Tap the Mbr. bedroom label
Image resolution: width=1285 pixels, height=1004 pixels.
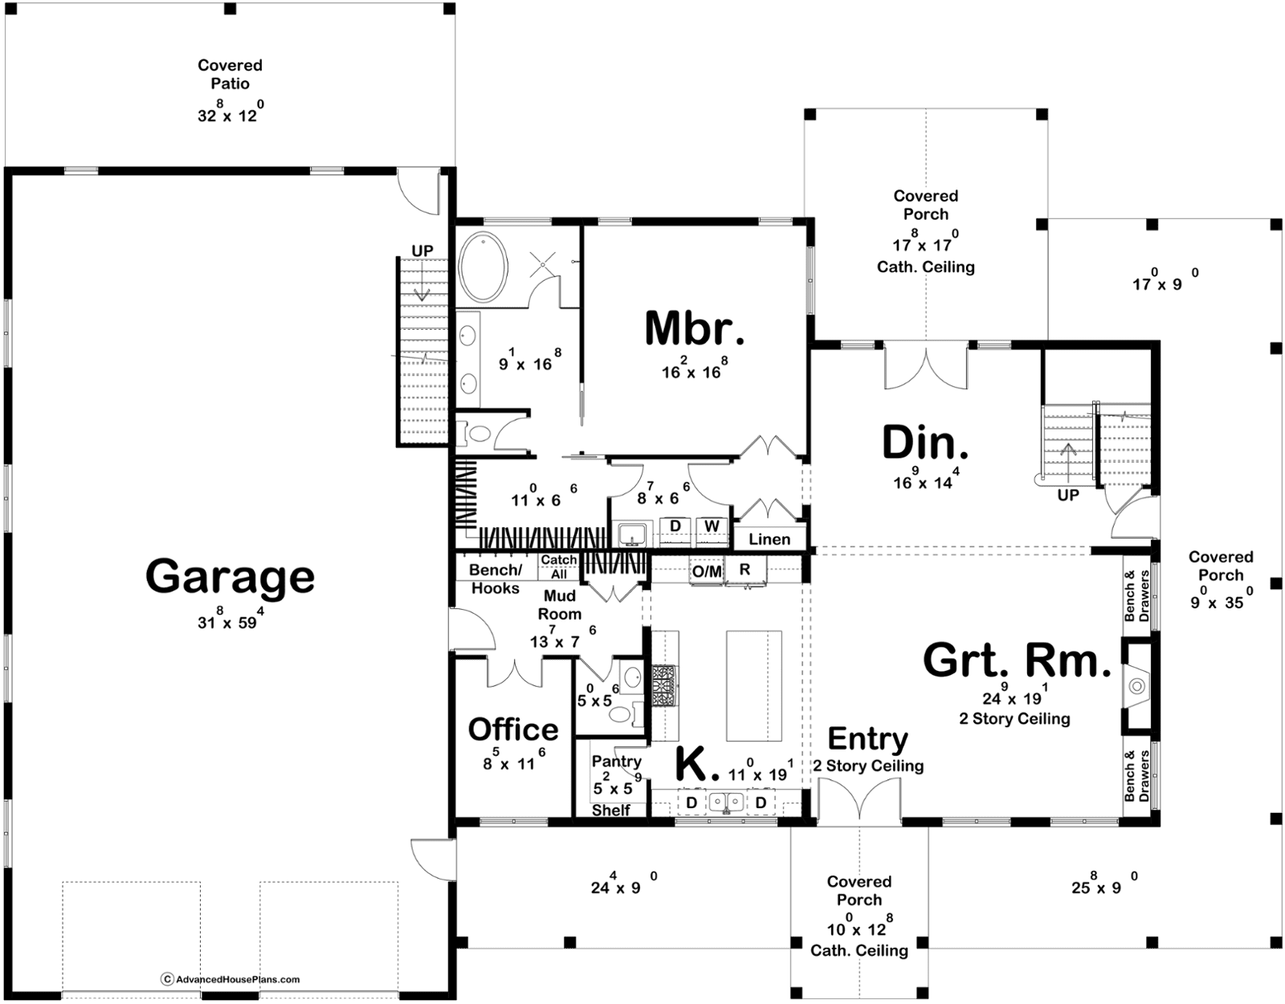click(x=694, y=328)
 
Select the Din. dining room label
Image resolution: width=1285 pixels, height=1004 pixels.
click(x=925, y=443)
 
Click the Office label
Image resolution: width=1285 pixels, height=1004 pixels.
click(x=513, y=730)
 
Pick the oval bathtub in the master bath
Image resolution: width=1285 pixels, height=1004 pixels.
click(x=483, y=266)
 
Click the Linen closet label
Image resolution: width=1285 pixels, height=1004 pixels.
click(x=769, y=539)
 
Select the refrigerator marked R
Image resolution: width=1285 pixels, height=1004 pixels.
click(x=745, y=571)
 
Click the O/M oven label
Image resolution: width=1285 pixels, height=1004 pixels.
click(x=708, y=571)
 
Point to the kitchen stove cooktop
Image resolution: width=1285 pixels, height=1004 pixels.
click(x=665, y=685)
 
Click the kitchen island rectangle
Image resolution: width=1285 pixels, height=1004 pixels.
click(x=754, y=685)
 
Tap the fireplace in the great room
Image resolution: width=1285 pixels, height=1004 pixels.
click(x=1136, y=686)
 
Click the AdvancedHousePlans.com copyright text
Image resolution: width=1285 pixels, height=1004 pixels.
click(x=230, y=979)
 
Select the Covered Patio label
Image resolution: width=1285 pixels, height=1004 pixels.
click(x=230, y=74)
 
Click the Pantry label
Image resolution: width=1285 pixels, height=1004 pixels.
click(x=616, y=762)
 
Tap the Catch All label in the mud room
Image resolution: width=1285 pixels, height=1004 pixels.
click(x=558, y=567)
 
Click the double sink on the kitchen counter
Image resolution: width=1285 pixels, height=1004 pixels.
click(x=726, y=802)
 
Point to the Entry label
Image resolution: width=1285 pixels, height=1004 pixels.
click(x=867, y=738)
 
